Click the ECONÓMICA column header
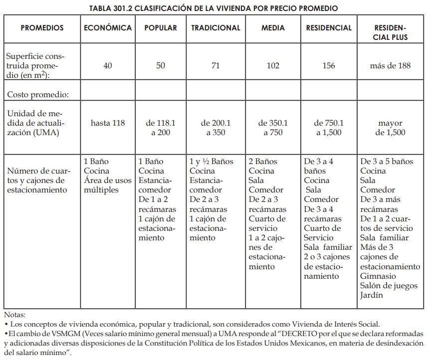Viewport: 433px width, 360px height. pyautogui.click(x=108, y=28)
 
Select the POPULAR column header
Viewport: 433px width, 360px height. pyautogui.click(x=161, y=28)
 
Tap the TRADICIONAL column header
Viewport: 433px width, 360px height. pyautogui.click(x=216, y=28)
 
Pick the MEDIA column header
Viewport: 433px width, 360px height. pyautogui.click(x=273, y=28)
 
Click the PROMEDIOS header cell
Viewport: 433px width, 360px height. pyautogui.click(x=42, y=28)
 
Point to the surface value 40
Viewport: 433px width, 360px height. pyautogui.click(x=108, y=66)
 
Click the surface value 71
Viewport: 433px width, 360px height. pyautogui.click(x=216, y=66)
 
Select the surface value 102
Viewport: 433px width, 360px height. pyautogui.click(x=273, y=66)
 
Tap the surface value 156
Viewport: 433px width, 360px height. pyautogui.click(x=329, y=66)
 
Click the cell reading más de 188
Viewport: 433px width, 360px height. pyautogui.click(x=390, y=66)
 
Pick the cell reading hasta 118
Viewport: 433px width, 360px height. pyautogui.click(x=108, y=123)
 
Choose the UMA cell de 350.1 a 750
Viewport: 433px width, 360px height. pyautogui.click(x=273, y=128)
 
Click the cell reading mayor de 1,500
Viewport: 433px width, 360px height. pyautogui.click(x=390, y=128)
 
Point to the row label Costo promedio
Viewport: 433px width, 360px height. pyautogui.click(x=37, y=95)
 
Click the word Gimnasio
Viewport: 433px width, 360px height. pyautogui.click(x=378, y=276)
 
